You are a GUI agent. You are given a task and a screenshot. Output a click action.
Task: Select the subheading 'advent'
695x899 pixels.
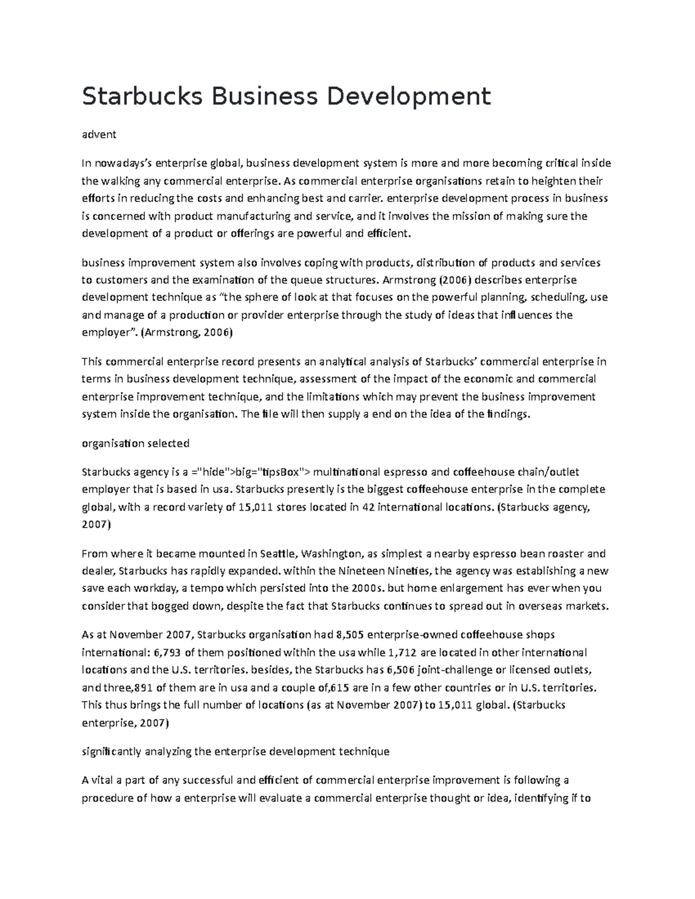(x=99, y=134)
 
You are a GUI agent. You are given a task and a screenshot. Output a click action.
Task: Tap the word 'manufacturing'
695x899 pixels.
(x=254, y=217)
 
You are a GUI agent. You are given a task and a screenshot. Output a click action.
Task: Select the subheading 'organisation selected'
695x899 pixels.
(x=136, y=443)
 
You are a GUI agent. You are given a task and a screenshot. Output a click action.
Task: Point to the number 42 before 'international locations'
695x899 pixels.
(x=368, y=507)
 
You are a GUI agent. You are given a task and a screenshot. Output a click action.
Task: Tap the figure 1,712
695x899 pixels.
(x=401, y=653)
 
